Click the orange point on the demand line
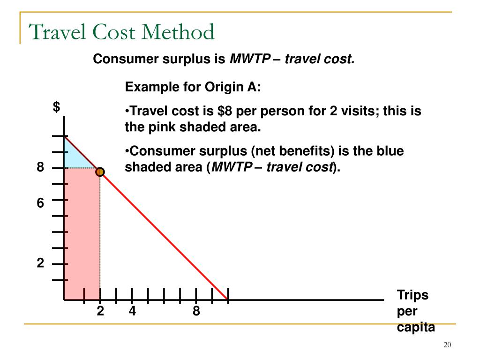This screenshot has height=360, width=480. click(100, 172)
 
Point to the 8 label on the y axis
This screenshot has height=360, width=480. click(41, 167)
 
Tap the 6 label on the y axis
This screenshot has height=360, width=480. click(41, 203)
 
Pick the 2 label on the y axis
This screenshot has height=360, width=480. click(41, 264)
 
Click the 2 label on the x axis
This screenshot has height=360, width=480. click(100, 311)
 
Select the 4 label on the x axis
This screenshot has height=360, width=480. click(133, 311)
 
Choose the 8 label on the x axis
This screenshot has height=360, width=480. click(196, 311)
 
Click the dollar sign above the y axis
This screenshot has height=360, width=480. click(56, 107)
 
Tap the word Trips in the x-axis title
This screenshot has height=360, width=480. click(413, 295)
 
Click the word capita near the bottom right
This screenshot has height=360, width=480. click(416, 327)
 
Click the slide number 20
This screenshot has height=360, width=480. click(447, 345)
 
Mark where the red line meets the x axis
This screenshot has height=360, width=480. click(228, 299)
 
